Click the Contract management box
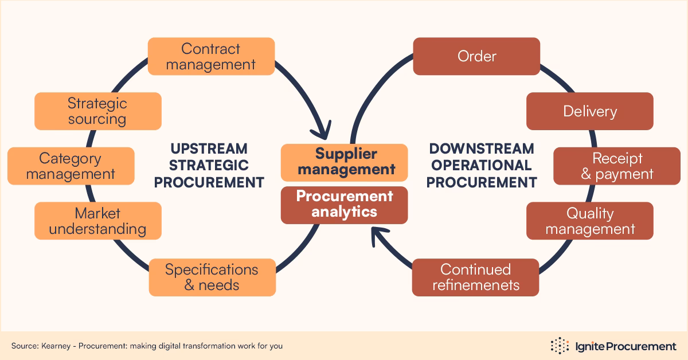tap(211, 57)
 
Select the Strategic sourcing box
tap(97, 111)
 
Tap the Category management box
tap(71, 166)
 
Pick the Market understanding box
tap(97, 221)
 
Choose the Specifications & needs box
tap(212, 277)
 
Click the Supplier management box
tap(344, 162)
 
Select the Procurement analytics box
tap(344, 205)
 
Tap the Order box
tap(476, 56)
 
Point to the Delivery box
tap(589, 111)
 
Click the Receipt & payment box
tap(617, 166)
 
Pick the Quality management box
tap(589, 221)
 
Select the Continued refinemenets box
tap(475, 277)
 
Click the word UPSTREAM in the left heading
tap(209, 149)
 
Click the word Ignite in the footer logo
tap(588, 346)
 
